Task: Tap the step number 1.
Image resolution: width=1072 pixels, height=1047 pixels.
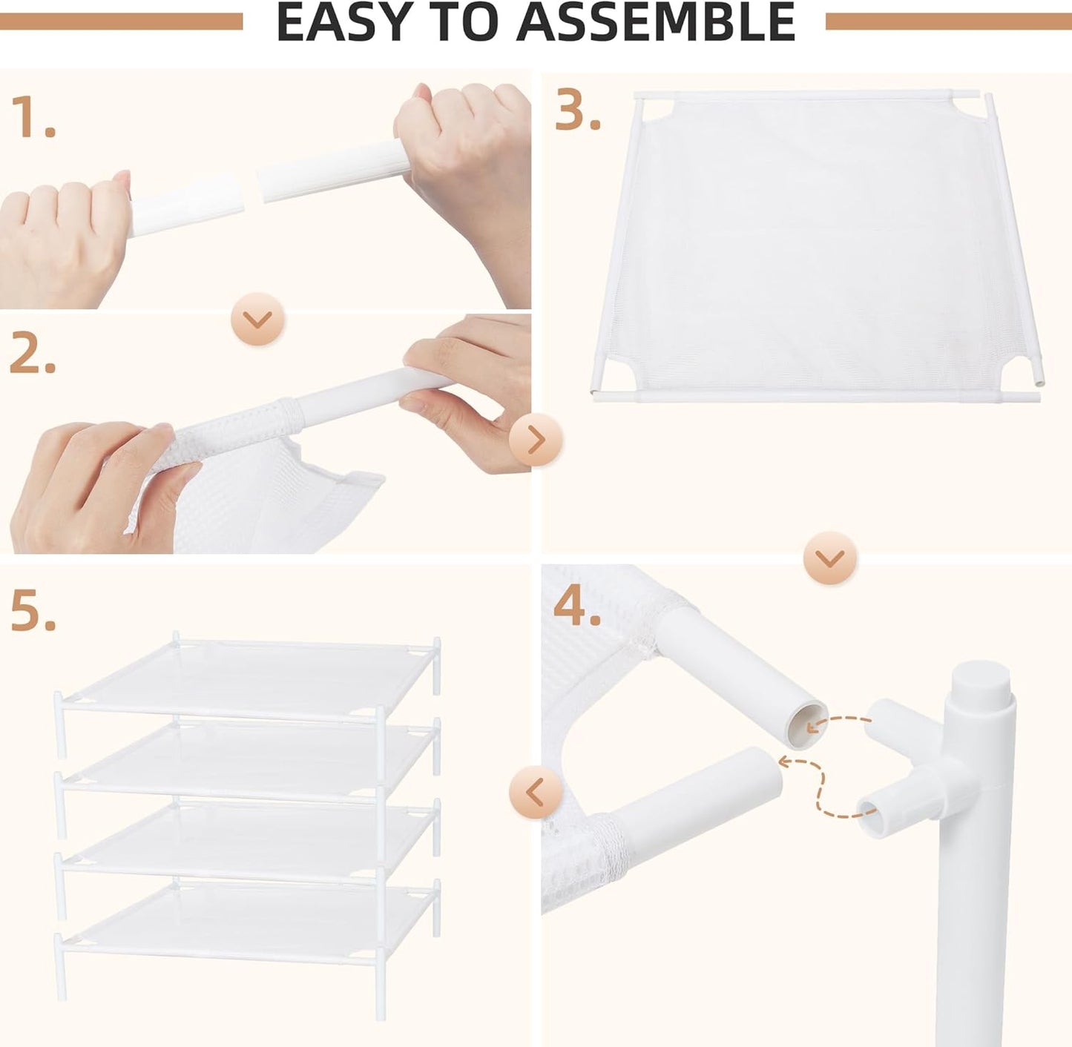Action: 33,117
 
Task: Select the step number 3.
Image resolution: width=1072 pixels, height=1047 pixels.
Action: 577,113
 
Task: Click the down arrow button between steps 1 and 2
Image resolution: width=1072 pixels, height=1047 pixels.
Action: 257,320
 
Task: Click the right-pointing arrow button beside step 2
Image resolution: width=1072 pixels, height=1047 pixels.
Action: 536,440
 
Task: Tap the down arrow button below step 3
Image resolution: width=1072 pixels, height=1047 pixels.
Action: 829,558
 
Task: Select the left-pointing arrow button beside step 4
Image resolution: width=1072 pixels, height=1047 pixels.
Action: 535,793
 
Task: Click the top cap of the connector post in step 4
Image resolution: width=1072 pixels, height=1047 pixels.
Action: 979,679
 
